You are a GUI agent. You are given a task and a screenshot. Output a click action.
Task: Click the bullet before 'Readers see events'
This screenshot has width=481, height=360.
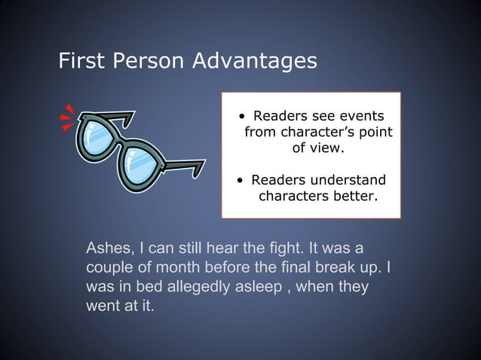pos(240,117)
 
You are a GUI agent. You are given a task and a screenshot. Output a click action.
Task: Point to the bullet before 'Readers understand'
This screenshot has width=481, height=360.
pos(239,182)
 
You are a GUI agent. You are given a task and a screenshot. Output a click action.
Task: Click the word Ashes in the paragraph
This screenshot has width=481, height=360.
pos(109,249)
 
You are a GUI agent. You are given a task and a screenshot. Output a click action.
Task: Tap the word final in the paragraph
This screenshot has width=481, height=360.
pos(290,268)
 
